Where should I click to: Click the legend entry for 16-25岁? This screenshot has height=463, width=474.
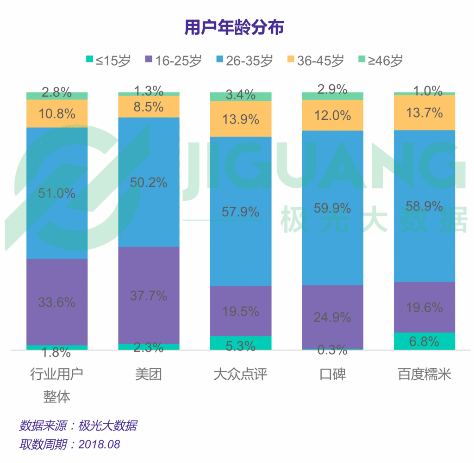pos(174,60)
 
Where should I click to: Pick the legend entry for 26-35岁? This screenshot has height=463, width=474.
pos(244,60)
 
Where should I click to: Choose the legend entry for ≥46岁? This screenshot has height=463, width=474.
pos(380,60)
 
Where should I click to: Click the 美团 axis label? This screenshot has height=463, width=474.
pos(149,374)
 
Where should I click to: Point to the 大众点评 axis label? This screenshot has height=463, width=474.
pos(240,374)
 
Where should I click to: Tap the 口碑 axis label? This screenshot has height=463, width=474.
pos(332,374)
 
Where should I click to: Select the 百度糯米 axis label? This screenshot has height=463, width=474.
pos(424,374)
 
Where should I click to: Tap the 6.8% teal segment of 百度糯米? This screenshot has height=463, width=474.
pos(424,341)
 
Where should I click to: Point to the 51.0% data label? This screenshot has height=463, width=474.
pos(57,193)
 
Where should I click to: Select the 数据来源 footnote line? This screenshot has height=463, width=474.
pos(78,426)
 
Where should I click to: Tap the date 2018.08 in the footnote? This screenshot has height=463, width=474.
pos(99,444)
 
